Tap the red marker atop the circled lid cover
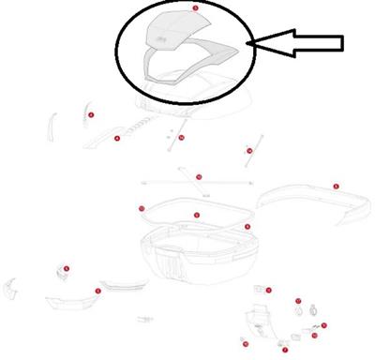(195, 7)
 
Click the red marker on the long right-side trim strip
(335, 187)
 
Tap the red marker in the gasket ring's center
(196, 216)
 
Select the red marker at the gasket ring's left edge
(142, 208)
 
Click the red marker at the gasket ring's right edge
(247, 226)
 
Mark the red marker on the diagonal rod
(249, 150)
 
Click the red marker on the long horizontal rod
(198, 176)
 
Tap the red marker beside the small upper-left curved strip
(91, 114)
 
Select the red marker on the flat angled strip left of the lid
(117, 138)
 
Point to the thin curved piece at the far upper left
(52, 122)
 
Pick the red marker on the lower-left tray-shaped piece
(98, 291)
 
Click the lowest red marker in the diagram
(285, 349)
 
